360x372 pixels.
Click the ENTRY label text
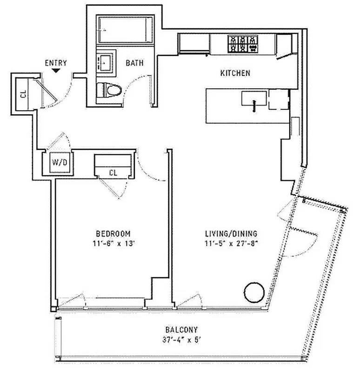56,63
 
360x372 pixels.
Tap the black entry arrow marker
56,71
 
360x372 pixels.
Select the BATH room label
134,63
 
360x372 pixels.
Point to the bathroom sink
105,60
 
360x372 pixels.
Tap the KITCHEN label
235,73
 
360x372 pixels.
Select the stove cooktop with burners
242,44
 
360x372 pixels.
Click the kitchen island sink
253,100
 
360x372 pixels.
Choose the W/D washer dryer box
59,163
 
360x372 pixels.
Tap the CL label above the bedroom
113,173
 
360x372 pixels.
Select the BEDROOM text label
113,233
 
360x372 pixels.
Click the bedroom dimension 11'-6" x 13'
113,242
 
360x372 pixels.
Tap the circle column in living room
253,292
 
